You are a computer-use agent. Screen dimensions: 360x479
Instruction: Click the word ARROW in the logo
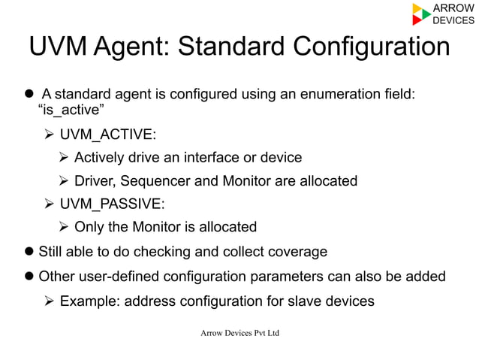click(x=454, y=8)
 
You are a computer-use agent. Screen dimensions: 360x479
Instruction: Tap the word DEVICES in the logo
click(x=454, y=20)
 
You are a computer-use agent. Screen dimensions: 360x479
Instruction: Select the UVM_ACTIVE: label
click(x=108, y=135)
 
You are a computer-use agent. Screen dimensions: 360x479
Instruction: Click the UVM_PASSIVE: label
click(x=112, y=204)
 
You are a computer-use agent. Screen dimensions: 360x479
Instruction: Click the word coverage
click(x=299, y=252)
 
